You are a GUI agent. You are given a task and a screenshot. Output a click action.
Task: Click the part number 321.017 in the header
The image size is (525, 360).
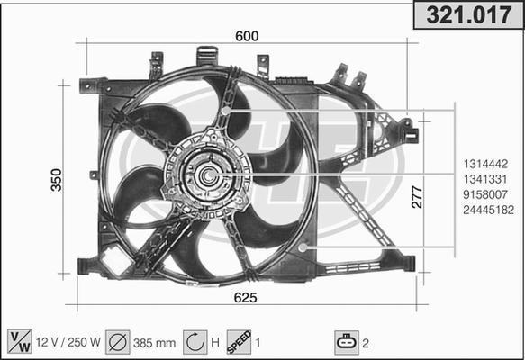[x=467, y=16]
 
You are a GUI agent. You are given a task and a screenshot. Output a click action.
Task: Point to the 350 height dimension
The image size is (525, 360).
[x=56, y=180]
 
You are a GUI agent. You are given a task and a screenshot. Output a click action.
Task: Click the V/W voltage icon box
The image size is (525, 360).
[x=19, y=342]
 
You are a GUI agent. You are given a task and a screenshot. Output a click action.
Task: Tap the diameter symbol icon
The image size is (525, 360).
[x=117, y=342]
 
